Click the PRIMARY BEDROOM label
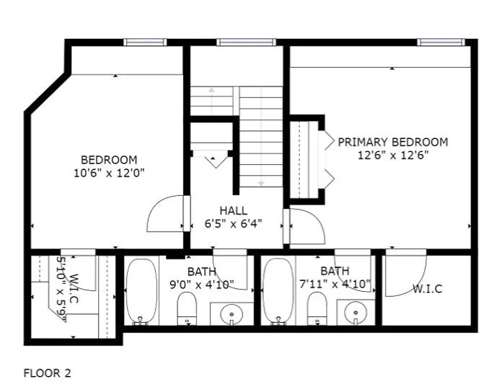pyautogui.click(x=392, y=142)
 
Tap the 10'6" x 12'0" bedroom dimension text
pyautogui.click(x=109, y=173)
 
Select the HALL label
pyautogui.click(x=234, y=210)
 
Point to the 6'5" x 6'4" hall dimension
pyautogui.click(x=233, y=224)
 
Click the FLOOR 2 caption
pyautogui.click(x=48, y=373)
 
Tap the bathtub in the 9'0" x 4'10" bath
pyautogui.click(x=141, y=292)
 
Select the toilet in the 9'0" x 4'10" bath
pyautogui.click(x=187, y=308)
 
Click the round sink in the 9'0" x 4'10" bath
pyautogui.click(x=232, y=314)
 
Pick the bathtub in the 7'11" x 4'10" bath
pyautogui.click(x=278, y=292)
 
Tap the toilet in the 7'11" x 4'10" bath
pyautogui.click(x=317, y=308)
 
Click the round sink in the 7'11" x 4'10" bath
pyautogui.click(x=356, y=313)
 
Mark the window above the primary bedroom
pyautogui.click(x=441, y=43)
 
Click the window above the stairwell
pyautogui.click(x=246, y=43)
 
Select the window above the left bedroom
pyautogui.click(x=145, y=43)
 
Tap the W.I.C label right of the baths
pyautogui.click(x=428, y=289)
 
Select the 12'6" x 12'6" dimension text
pyautogui.click(x=393, y=155)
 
